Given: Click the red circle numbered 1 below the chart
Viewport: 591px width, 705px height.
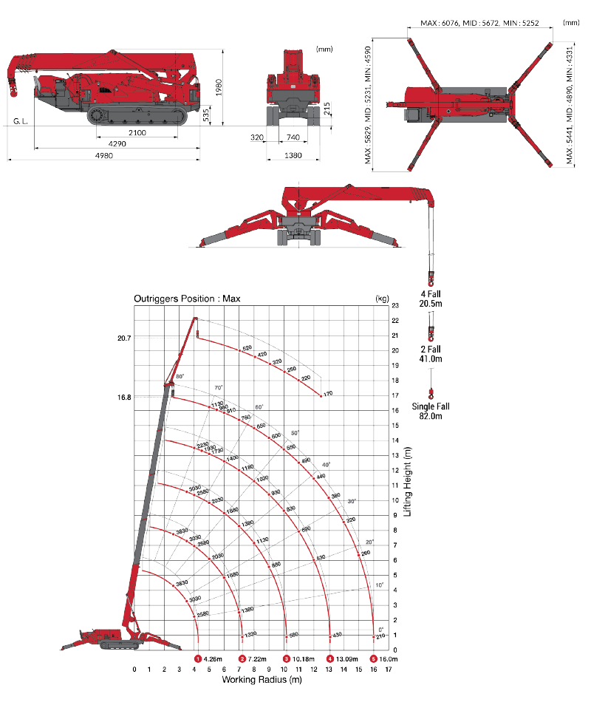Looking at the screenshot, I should click(x=198, y=658).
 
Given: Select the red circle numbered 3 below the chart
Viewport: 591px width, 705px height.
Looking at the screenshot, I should click(x=287, y=658).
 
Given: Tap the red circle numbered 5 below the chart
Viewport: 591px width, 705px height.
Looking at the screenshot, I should click(x=374, y=658).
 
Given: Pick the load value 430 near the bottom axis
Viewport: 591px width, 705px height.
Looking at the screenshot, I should click(x=337, y=635).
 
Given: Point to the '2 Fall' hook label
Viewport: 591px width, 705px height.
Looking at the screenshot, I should click(x=430, y=353).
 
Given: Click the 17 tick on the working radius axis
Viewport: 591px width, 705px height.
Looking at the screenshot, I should click(x=389, y=669).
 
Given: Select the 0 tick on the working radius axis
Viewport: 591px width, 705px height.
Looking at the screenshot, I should click(x=134, y=669).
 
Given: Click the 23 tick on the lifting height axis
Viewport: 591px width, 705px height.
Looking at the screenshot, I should click(x=395, y=304).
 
